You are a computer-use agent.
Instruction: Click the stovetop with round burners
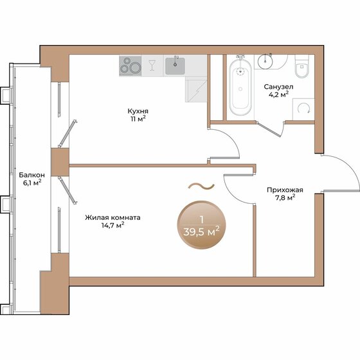coord(130,66)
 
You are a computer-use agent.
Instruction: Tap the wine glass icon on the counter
coord(152,65)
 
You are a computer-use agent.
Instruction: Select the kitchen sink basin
coord(174,65)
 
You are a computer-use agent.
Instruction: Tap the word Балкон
coord(32,174)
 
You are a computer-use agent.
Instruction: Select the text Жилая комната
coord(113,217)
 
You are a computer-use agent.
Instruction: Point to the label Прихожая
coord(285,190)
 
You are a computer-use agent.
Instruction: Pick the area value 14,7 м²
coord(113,226)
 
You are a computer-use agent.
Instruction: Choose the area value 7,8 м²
coord(285,198)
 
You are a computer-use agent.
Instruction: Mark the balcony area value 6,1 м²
coord(32,183)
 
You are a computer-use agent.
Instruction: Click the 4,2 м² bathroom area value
coord(278,93)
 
